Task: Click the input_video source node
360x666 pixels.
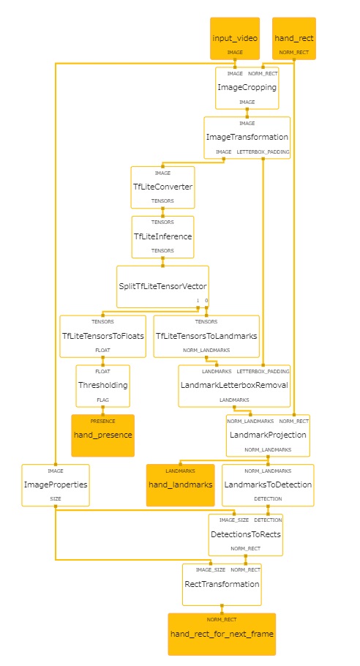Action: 235,38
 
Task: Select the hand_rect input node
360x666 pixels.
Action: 293,38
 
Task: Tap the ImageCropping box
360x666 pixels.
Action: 247,88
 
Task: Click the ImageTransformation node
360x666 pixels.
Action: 247,138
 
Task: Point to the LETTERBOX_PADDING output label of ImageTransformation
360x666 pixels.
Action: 263,151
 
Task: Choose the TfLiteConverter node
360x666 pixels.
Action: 162,187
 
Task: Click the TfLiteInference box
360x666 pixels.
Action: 162,237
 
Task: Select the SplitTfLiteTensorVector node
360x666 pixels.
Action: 162,287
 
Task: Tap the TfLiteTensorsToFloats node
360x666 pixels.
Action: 102,337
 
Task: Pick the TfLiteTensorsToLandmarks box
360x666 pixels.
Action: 206,337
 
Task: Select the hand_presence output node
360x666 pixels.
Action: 102,435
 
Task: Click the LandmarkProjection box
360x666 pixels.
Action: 268,435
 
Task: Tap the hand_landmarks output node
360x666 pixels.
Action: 181,485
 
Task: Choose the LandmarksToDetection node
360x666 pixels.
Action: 268,485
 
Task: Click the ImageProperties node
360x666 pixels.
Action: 56,485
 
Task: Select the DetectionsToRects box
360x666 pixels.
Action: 245,535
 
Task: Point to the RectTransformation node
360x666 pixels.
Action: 222,585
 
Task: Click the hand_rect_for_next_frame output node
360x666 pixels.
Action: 222,635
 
